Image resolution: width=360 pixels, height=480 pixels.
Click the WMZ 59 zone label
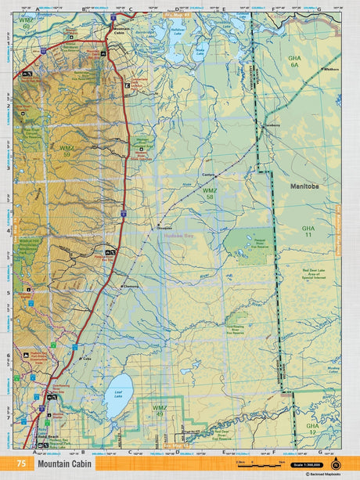coord(67,150)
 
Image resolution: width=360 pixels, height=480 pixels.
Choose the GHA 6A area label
coord(295,63)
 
